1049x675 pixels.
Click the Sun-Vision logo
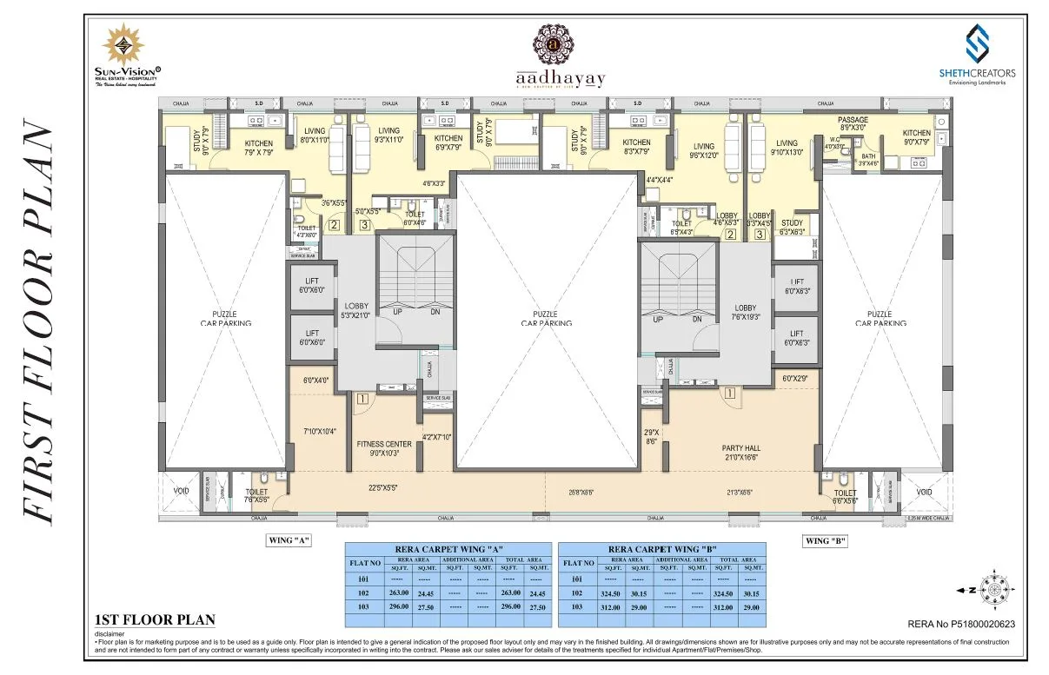[127, 56]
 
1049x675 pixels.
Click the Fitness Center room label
[383, 448]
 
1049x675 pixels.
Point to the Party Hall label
[742, 453]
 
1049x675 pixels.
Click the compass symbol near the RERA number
[991, 590]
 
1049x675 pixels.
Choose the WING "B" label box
[825, 540]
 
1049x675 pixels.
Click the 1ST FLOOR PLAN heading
[154, 620]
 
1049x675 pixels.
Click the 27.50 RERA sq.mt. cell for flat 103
[426, 607]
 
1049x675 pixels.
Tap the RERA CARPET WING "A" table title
[449, 549]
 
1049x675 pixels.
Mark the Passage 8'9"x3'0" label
[853, 123]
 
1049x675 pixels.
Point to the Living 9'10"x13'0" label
[787, 149]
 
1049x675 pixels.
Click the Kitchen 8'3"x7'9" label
[636, 148]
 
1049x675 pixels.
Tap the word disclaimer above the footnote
[110, 633]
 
